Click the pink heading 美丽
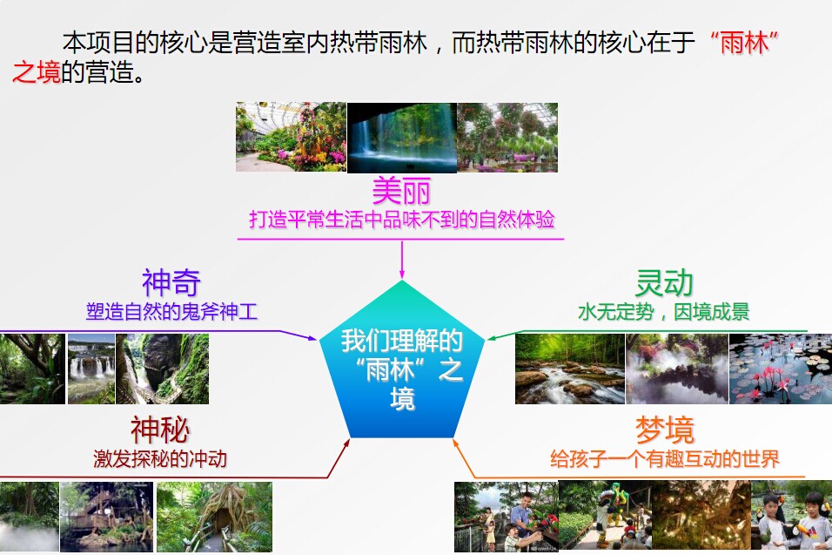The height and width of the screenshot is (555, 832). (401, 191)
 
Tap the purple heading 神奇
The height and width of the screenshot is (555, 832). (171, 282)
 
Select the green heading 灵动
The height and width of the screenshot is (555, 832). (664, 282)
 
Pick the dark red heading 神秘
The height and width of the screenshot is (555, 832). (160, 430)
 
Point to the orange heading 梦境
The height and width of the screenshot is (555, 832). (664, 430)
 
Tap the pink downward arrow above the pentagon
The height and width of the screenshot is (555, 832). (402, 260)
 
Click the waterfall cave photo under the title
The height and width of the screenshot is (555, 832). (402, 138)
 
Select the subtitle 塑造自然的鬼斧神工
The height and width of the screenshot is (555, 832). (171, 312)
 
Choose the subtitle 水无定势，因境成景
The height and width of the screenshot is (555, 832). (663, 312)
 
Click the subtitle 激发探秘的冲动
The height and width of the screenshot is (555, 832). (160, 459)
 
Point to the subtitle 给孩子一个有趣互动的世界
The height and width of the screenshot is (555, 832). (664, 459)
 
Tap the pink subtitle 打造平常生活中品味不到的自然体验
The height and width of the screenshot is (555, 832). (402, 220)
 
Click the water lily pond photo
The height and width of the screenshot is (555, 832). (781, 369)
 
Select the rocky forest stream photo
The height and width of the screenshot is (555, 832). (570, 369)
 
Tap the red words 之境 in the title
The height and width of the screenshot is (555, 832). (36, 72)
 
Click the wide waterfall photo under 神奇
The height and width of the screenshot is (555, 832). (91, 369)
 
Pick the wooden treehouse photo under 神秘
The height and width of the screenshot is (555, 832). (107, 517)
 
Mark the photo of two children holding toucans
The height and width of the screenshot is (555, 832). (792, 515)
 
